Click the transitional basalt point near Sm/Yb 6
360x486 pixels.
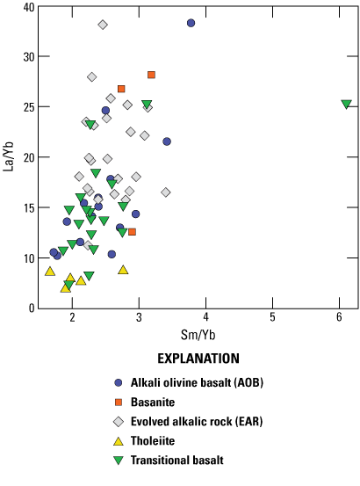click(x=346, y=104)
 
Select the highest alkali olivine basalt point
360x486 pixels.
click(x=191, y=23)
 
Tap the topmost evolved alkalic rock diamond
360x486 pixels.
click(x=103, y=25)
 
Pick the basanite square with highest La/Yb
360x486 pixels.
click(x=151, y=76)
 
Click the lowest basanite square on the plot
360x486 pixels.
click(x=132, y=232)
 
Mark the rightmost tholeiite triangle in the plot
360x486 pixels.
click(x=123, y=270)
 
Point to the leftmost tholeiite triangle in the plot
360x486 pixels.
click(x=50, y=271)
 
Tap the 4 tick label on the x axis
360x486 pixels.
click(x=205, y=317)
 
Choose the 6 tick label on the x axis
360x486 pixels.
click(x=339, y=317)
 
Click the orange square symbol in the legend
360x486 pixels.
click(x=118, y=402)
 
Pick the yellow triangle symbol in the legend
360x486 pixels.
click(x=118, y=439)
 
